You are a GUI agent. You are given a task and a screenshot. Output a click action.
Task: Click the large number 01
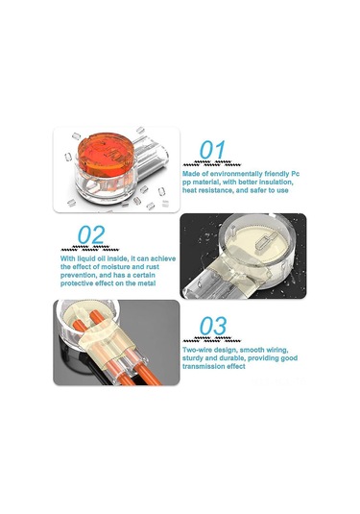[x=212, y=150]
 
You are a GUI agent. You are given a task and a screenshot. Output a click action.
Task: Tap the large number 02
[x=91, y=234]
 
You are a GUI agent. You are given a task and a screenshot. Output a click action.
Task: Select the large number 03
[x=213, y=326]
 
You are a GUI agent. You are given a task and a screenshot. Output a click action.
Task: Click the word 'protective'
[x=75, y=283]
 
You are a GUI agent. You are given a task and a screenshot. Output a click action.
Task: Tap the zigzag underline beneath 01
[x=212, y=163]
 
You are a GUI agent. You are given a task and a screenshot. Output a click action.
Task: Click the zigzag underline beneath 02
[x=89, y=248]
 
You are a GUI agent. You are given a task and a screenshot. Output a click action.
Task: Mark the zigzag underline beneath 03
[x=212, y=339]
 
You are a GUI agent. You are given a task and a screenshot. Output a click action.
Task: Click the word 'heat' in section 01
[x=190, y=190]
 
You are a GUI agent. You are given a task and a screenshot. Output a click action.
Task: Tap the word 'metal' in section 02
[x=146, y=283]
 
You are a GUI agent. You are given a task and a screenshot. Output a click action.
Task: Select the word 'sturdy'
[x=193, y=358]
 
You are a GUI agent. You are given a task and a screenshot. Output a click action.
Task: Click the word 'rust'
[x=153, y=267]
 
